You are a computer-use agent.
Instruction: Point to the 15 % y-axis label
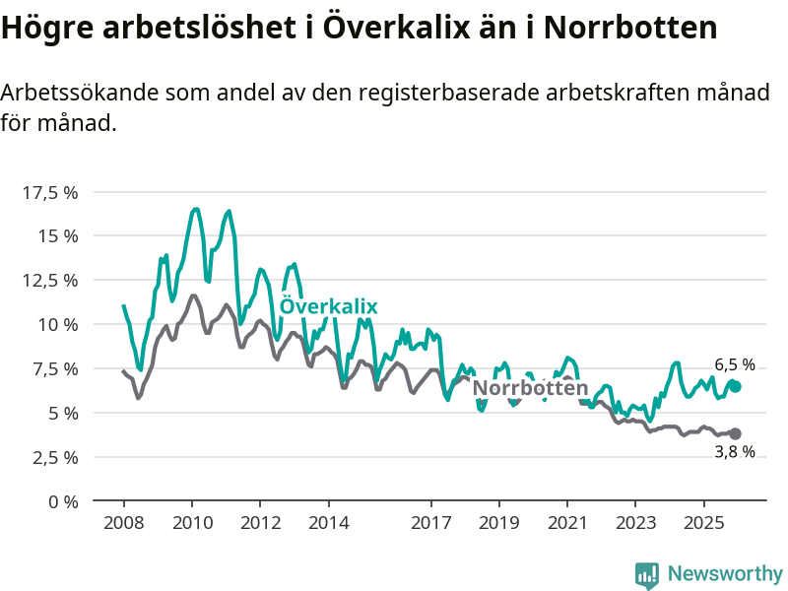[x=56, y=236]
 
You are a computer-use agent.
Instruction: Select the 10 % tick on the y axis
[x=56, y=325]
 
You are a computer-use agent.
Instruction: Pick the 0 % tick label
[x=62, y=501]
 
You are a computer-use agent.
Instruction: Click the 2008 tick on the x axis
[x=123, y=521]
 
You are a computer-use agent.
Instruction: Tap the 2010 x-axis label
[x=191, y=521]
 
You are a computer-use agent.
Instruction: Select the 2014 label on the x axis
[x=328, y=521]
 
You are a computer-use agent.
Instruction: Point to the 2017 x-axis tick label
[x=430, y=521]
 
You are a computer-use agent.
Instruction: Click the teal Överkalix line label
[x=329, y=306]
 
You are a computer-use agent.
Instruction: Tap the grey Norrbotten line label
[x=530, y=388]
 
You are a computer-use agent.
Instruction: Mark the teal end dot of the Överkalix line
[x=735, y=386]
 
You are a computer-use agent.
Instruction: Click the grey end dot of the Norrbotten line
[x=735, y=433]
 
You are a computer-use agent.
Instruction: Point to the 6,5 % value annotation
[x=735, y=364]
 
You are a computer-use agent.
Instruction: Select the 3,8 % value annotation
[x=735, y=452]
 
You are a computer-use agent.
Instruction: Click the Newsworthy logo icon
[x=647, y=574]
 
